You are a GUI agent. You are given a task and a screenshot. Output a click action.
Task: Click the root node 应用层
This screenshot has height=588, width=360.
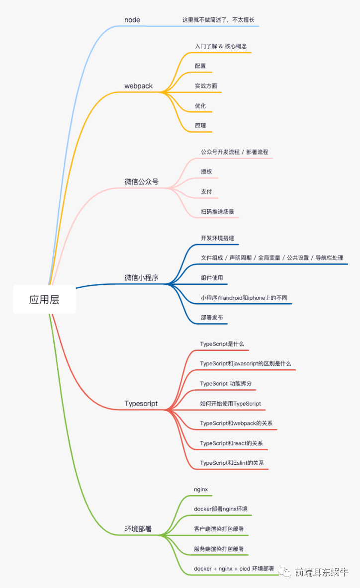[x=44, y=300]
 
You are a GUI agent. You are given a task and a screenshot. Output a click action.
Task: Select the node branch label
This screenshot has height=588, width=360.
[x=132, y=20]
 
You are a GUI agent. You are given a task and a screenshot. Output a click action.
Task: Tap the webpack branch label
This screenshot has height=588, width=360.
[x=138, y=86]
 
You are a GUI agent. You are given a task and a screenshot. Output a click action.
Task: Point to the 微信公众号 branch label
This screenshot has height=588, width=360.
[x=141, y=182]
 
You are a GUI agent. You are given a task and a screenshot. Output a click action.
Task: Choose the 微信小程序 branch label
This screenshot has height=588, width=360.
[x=141, y=278]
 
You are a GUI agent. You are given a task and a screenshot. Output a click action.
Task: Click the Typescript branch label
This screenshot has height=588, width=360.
[x=141, y=404]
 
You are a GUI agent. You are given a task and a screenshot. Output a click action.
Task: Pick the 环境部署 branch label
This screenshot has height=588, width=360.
[x=138, y=529]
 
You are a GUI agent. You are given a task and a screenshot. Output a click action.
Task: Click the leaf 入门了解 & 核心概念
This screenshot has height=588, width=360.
[x=221, y=46]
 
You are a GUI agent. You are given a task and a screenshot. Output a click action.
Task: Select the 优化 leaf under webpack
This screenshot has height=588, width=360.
[x=200, y=106]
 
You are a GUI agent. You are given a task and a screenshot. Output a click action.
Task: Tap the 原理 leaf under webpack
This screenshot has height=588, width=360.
[x=200, y=126]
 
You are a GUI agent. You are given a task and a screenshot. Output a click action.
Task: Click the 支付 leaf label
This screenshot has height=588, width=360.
[x=206, y=191]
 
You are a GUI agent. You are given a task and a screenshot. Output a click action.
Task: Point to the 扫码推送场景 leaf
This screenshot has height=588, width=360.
[x=217, y=211]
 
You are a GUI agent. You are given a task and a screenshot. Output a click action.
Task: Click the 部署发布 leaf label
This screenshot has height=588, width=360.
[x=212, y=317]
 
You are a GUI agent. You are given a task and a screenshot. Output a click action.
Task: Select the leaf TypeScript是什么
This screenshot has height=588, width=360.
[x=222, y=344]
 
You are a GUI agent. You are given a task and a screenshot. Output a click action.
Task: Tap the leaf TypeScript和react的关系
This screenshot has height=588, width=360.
[x=231, y=443]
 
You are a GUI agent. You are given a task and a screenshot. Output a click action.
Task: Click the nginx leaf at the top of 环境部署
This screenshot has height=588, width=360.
[x=201, y=490]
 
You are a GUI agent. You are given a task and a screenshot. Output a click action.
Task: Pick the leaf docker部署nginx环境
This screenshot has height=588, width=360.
[x=220, y=509]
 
